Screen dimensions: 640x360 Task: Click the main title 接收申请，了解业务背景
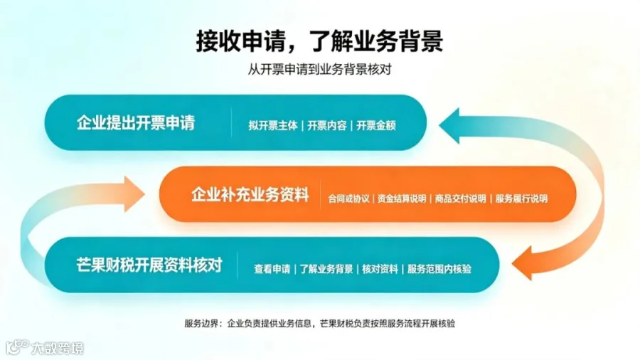pyautogui.click(x=319, y=41)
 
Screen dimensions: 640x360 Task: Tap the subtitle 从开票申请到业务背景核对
pyautogui.click(x=319, y=70)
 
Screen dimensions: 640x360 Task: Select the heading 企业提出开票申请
pyautogui.click(x=136, y=123)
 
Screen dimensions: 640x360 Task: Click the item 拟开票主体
pyautogui.click(x=273, y=125)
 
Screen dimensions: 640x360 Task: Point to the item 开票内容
pyautogui.click(x=327, y=125)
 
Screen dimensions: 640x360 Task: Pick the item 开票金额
pyautogui.click(x=376, y=125)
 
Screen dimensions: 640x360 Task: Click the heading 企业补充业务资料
pyautogui.click(x=250, y=195)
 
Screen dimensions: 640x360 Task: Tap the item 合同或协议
pyautogui.click(x=348, y=198)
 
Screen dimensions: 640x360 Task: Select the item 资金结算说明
pyautogui.click(x=402, y=198)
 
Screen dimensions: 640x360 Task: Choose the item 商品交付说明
pyautogui.click(x=460, y=198)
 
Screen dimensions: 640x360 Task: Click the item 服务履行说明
pyautogui.click(x=522, y=198)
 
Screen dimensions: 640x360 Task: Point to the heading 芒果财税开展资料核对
pyautogui.click(x=149, y=265)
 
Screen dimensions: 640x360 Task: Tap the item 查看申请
pyautogui.click(x=272, y=269)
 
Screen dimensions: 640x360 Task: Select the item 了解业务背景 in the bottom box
pyautogui.click(x=326, y=269)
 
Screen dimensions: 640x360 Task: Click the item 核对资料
pyautogui.click(x=380, y=269)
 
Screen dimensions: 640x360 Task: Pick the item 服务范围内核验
pyautogui.click(x=439, y=269)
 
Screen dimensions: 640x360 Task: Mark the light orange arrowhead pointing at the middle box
pyautogui.click(x=134, y=194)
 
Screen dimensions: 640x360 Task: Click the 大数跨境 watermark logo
pyautogui.click(x=45, y=348)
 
